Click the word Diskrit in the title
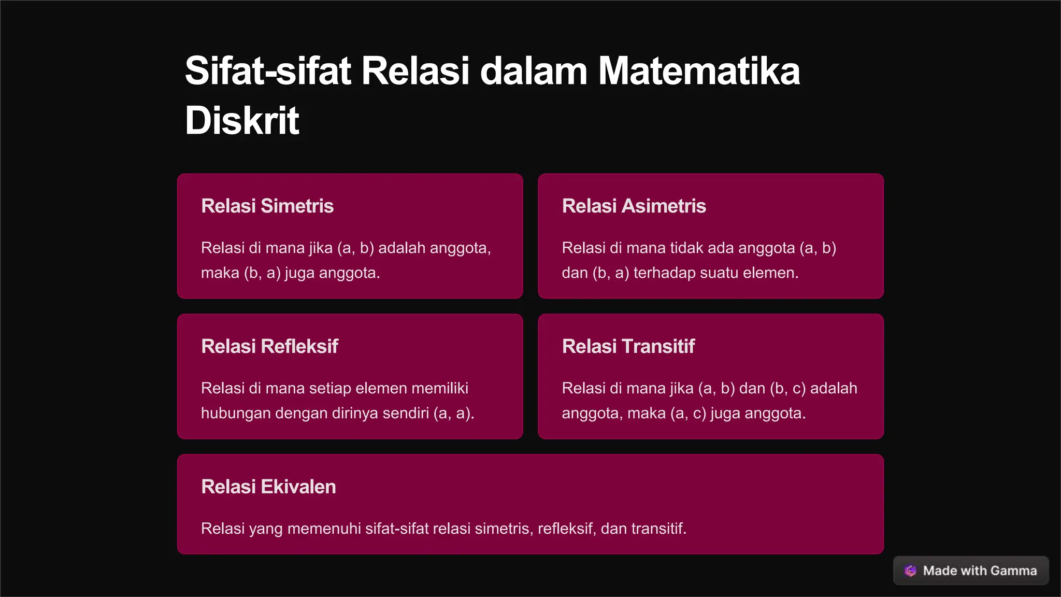(x=242, y=121)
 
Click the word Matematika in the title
(x=699, y=71)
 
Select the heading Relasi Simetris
(x=267, y=206)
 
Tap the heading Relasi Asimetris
(x=634, y=206)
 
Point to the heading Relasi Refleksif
(x=269, y=346)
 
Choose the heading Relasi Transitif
(x=628, y=346)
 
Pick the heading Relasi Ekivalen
(x=268, y=487)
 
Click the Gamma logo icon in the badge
(x=910, y=571)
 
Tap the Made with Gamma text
(x=980, y=571)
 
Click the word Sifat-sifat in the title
(x=268, y=71)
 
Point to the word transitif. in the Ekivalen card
(x=658, y=529)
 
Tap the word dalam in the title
(x=534, y=71)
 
